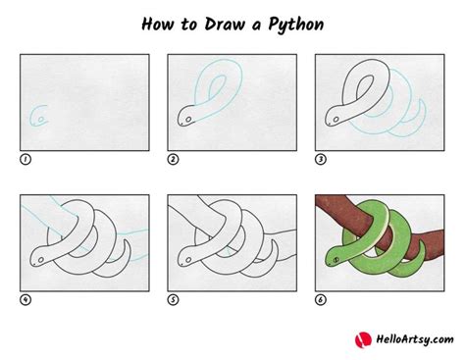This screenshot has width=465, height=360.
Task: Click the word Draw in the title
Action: (x=213, y=23)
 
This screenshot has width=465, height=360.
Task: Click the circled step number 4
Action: (x=26, y=300)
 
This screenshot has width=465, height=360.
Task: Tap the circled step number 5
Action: (x=173, y=300)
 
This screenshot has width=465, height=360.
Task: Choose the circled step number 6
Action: (x=320, y=300)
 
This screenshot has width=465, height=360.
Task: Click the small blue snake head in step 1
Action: (x=40, y=118)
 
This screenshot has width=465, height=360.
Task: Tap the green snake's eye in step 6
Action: (x=336, y=260)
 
